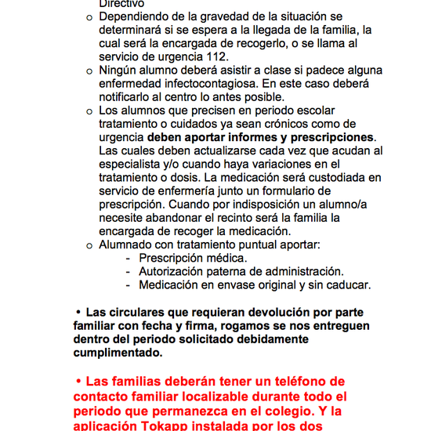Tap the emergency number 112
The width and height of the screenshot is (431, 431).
pos(218,57)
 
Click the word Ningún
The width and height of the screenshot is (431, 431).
pos(119,71)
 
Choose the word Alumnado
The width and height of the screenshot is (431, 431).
pos(125,244)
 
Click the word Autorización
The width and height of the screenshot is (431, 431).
pos(176,271)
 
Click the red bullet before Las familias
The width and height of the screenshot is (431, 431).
pos(79,381)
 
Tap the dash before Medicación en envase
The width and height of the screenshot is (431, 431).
pos(129,284)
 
